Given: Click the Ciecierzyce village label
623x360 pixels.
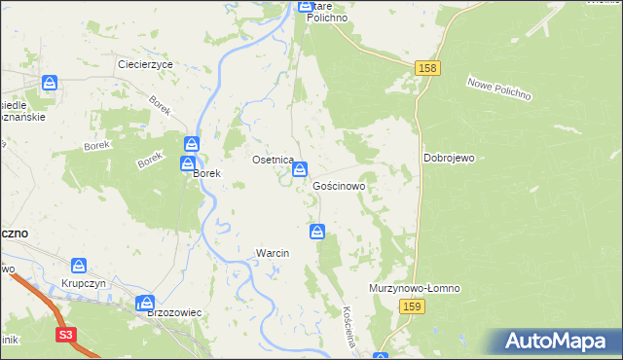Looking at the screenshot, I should coord(145,63).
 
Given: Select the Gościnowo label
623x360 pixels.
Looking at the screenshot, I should coord(339,185).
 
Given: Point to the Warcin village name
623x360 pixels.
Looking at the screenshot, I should coord(273,253).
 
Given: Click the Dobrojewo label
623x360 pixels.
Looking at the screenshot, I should coord(448,157).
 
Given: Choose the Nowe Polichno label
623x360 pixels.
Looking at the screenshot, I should coord(497,90).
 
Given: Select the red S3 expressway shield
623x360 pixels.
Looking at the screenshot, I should coord(65,337).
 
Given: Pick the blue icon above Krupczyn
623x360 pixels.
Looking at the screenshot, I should coord(78,265).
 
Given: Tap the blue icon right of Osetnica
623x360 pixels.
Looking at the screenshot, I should coord(300,169).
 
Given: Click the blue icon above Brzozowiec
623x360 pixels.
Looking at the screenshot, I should coord(145,303).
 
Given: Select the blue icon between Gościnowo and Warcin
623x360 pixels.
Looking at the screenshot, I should coord(317,231).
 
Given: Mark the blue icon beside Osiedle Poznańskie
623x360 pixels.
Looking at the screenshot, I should coord(50,85).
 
